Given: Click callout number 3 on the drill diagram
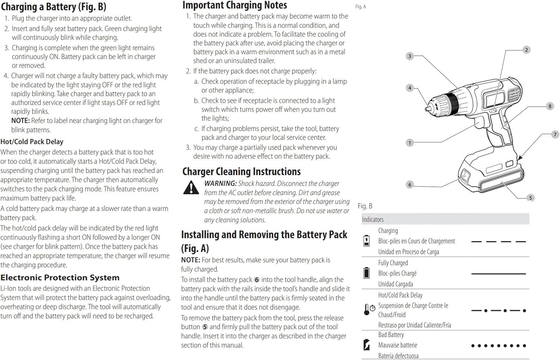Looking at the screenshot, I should click(410, 56).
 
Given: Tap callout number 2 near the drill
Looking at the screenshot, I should click(526, 50).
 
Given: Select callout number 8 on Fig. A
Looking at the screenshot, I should click(550, 106).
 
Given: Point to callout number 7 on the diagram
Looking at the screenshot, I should click(555, 135).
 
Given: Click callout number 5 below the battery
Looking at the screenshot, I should click(530, 198).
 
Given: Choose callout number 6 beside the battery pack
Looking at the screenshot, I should click(410, 185).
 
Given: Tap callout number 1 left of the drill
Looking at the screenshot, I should click(410, 143).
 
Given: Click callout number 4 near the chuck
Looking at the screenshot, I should click(410, 88).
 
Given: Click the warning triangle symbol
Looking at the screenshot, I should click(191, 188).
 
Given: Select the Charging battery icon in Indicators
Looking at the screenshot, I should click(367, 241).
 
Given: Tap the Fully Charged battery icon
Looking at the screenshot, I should click(367, 273).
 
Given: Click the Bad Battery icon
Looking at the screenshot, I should click(367, 345).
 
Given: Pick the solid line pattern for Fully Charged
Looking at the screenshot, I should click(498, 274).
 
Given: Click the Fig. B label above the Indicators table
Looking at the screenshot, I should click(365, 206).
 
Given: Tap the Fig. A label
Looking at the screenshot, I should click(361, 7).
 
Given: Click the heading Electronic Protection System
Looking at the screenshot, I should click(60, 278).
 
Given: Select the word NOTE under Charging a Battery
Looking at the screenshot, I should click(21, 121).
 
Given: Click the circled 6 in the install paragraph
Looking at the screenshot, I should click(257, 280).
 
